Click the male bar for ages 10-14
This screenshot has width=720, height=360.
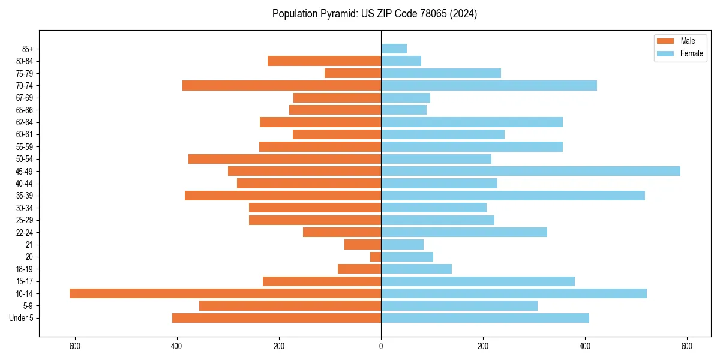point(225,293)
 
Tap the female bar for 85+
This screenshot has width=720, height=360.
point(394,49)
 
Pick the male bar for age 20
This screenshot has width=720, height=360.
point(376,257)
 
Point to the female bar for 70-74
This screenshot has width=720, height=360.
point(488,85)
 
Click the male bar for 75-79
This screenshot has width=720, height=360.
point(353,73)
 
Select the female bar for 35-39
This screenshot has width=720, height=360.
point(512,196)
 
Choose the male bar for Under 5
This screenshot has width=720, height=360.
point(277,318)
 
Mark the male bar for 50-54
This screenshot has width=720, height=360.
point(284,159)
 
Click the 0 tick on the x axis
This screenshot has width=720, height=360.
point(381,346)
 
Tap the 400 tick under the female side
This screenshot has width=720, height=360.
point(585,346)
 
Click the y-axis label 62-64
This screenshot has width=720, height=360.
point(25,122)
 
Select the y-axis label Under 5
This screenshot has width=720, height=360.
point(21,318)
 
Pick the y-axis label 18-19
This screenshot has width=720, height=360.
point(25,269)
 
